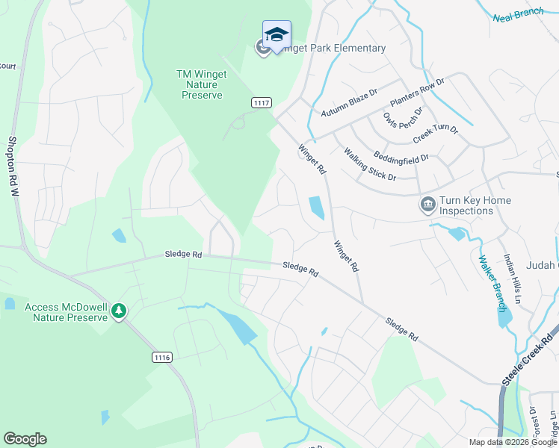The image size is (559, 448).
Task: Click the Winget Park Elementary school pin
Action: click(x=277, y=34)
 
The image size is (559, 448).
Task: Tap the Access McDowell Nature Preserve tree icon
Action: click(x=119, y=310)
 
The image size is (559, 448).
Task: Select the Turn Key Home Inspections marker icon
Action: click(x=428, y=205)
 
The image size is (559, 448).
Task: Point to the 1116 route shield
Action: click(x=161, y=358)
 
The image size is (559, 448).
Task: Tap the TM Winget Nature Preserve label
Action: click(x=200, y=84)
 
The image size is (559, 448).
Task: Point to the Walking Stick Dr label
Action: click(x=369, y=164)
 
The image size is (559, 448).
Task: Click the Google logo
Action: click(x=25, y=439)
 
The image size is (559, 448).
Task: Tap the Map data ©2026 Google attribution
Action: click(x=513, y=442)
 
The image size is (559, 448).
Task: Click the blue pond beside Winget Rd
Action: click(x=317, y=208)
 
